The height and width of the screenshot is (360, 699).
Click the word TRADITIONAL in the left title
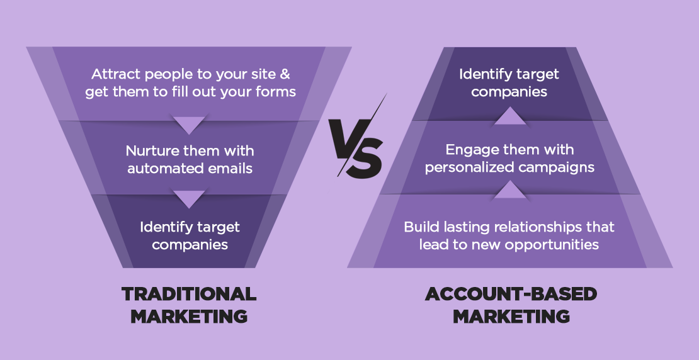click(x=189, y=294)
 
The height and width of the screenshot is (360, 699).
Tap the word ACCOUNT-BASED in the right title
click(x=511, y=294)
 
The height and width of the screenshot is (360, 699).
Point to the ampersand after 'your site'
click(x=285, y=74)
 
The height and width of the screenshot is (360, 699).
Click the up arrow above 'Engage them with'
click(x=511, y=116)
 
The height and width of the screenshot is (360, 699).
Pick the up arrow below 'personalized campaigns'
click(x=511, y=190)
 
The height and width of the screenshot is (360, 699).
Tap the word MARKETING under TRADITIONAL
click(x=189, y=317)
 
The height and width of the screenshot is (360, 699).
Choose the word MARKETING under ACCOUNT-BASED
click(x=511, y=317)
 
